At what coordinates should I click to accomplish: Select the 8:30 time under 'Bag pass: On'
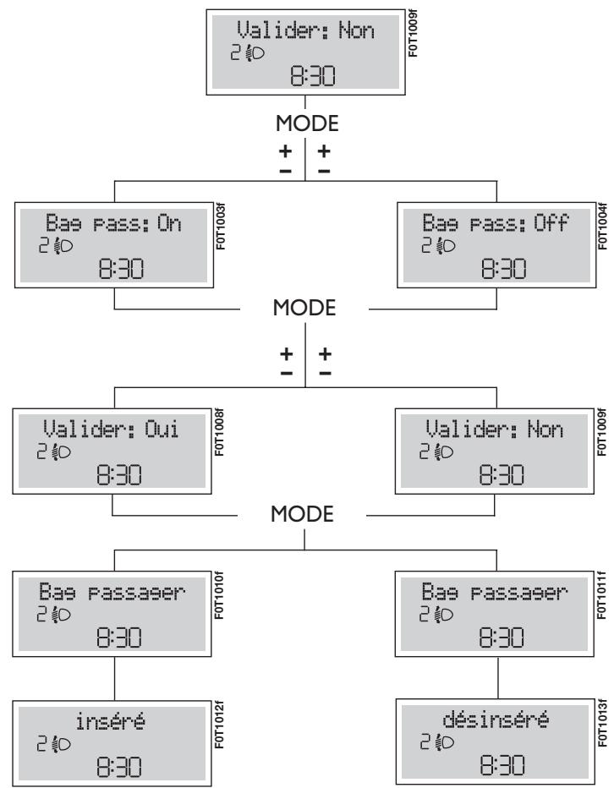point(117,270)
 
